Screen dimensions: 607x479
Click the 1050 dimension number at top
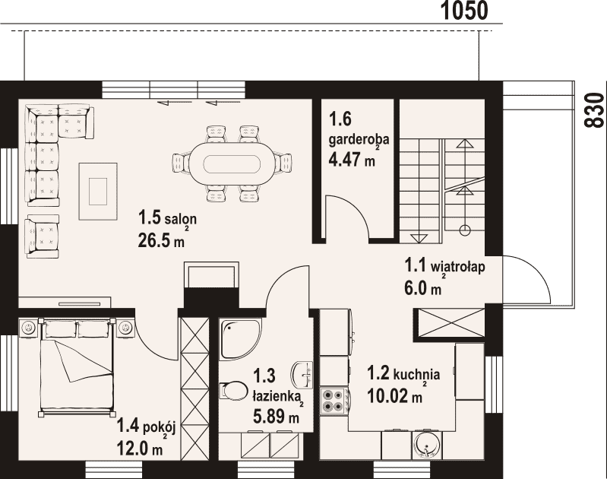464,11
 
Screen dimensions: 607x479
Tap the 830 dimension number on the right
594,110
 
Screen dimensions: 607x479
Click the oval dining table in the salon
232,163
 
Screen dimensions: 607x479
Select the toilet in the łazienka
233,390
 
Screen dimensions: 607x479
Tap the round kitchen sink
426,446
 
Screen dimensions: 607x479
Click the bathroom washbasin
302,375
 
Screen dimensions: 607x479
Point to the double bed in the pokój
77,367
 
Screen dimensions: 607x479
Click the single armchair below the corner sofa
42,236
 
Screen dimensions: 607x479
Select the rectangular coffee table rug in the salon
98,192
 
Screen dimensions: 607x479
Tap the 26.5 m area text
161,241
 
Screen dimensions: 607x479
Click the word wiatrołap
458,267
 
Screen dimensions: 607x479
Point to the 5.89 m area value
276,417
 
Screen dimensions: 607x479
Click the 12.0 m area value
140,449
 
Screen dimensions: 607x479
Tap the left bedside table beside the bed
28,328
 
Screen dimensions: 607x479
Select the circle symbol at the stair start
464,230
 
